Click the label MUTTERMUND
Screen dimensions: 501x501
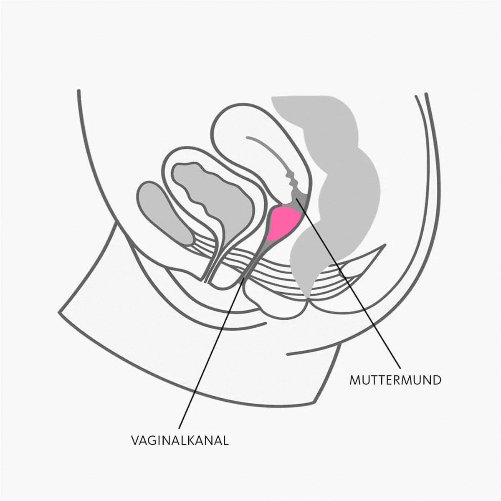[395, 380]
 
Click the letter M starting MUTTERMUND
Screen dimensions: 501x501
[355, 380]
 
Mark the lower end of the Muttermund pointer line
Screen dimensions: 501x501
[400, 368]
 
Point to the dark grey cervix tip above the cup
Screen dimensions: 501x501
[299, 202]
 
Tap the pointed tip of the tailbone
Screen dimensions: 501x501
[384, 245]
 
